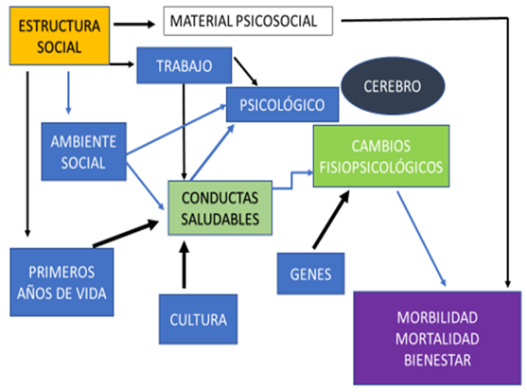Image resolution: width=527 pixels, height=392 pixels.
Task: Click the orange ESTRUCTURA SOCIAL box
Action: point(60,36)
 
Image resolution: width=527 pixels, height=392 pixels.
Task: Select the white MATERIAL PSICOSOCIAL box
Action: point(248,21)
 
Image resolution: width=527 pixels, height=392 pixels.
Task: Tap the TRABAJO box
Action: point(184,65)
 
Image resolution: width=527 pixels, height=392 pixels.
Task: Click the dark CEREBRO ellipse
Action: point(393,86)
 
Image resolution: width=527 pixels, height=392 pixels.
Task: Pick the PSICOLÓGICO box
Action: point(282,104)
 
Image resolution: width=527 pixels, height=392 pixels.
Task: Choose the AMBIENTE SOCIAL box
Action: point(83,151)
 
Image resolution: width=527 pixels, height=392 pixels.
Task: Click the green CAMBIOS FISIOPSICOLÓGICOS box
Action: point(381,156)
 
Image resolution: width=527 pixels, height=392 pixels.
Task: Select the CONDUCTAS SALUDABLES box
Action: point(220,208)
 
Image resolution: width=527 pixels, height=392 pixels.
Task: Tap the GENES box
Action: point(310,274)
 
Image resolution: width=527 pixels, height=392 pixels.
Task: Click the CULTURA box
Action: point(199,319)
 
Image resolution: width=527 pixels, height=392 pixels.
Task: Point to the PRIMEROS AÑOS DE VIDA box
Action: point(61,282)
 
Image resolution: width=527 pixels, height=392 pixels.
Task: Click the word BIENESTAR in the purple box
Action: point(437,360)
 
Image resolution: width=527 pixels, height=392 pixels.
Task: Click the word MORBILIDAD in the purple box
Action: point(437,317)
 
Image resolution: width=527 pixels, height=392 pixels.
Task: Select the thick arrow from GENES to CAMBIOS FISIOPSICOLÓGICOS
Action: point(331,220)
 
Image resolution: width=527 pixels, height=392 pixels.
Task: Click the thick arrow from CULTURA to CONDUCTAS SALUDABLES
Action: point(184,265)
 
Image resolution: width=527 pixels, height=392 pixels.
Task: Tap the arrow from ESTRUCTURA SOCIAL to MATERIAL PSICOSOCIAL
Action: point(134,24)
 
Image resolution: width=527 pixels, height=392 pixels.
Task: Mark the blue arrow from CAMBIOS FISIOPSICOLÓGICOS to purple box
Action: point(421,239)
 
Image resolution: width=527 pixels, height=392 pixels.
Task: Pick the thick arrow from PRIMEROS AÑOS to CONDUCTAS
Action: point(126,233)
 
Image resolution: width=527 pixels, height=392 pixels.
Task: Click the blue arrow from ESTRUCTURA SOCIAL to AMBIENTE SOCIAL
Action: point(68,93)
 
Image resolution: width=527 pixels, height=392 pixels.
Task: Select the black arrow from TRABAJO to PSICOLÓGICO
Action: point(246,71)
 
